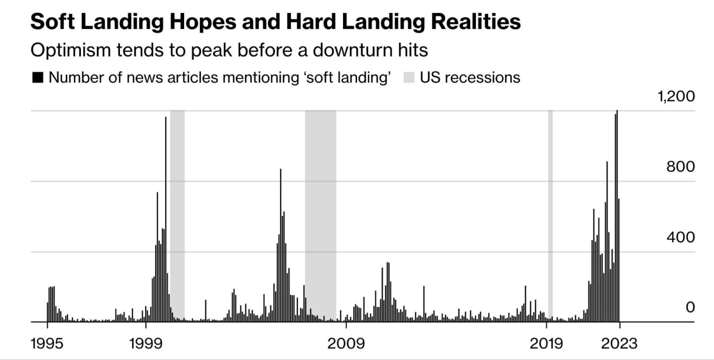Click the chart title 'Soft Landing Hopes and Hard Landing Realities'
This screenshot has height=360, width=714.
tap(276, 22)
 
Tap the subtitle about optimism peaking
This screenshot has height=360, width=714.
tap(229, 50)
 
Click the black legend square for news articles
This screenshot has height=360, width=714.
tap(37, 78)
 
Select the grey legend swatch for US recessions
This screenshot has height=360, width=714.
tap(409, 78)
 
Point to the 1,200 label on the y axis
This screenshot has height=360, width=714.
tap(676, 97)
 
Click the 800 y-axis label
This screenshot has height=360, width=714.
tap(681, 167)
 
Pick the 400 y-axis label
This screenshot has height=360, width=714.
tap(681, 237)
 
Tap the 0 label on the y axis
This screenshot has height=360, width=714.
tap(690, 308)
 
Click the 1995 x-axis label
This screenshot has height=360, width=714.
tap(47, 342)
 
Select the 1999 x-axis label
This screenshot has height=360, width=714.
tap(146, 342)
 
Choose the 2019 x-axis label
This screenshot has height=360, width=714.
tap(546, 342)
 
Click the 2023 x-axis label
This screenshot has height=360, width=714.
tap(619, 342)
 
